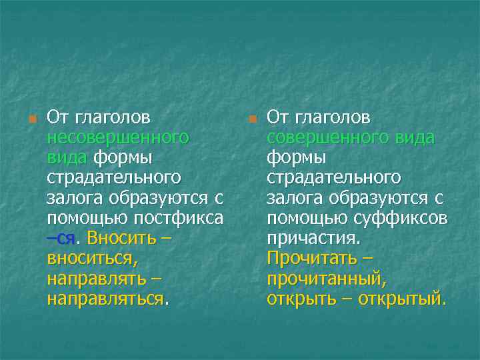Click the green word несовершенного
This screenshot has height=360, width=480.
118,138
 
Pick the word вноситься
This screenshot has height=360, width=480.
91,258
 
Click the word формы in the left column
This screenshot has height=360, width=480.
123,158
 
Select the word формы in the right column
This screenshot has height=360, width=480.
297,158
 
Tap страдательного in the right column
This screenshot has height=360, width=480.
334,178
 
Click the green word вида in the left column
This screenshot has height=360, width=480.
67,158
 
